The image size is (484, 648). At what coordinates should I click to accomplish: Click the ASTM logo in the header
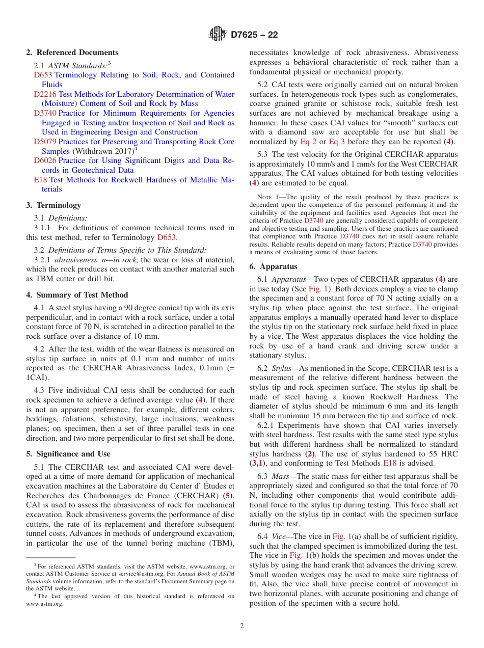(218, 35)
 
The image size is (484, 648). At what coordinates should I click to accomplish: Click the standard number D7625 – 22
(254, 35)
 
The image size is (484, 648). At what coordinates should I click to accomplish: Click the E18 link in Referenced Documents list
(40, 180)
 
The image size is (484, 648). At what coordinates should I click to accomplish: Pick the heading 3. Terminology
(53, 205)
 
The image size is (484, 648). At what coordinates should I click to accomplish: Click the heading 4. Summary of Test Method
(77, 295)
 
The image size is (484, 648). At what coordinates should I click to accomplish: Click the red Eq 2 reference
(308, 142)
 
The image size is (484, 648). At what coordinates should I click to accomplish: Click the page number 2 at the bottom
(242, 626)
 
